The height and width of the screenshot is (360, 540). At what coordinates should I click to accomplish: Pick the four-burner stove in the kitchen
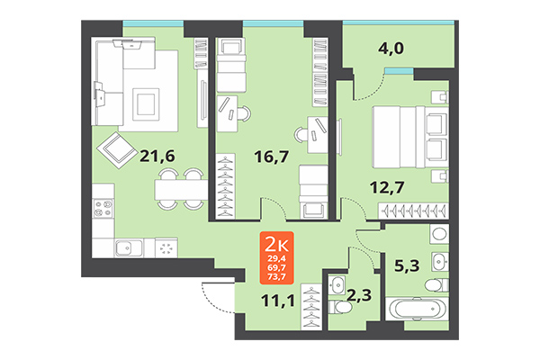(x=103, y=211)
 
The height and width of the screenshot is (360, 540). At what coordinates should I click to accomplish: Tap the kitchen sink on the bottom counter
(x=130, y=247)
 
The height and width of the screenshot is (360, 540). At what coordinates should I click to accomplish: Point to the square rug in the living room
(x=144, y=102)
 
